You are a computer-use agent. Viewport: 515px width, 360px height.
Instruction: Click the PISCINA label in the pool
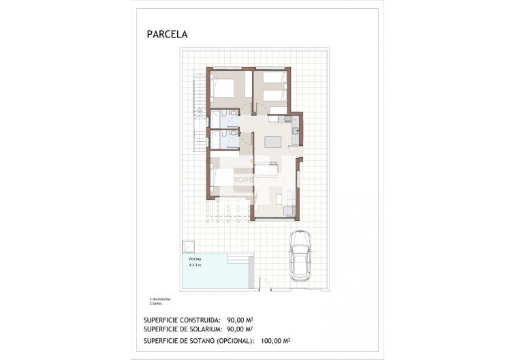click(x=196, y=260)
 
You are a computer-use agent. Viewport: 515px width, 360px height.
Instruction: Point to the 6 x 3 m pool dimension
click(x=196, y=265)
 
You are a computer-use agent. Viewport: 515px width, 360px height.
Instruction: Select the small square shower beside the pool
click(x=187, y=247)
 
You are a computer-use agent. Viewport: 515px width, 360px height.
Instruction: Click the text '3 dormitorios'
click(x=160, y=299)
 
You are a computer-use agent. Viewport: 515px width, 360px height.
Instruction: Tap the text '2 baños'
click(x=156, y=304)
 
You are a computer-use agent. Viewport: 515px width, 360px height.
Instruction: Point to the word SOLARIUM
click(x=203, y=329)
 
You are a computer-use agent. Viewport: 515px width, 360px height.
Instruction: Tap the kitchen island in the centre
click(x=272, y=141)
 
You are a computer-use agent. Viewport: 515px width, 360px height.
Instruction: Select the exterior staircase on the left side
click(x=198, y=112)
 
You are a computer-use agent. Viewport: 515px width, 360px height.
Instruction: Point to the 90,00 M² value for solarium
click(x=240, y=329)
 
